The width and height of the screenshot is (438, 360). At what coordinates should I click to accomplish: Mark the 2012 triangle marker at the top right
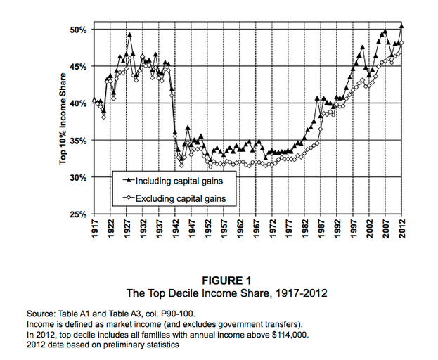(401, 26)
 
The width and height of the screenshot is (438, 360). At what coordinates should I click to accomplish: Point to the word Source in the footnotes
(41, 313)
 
